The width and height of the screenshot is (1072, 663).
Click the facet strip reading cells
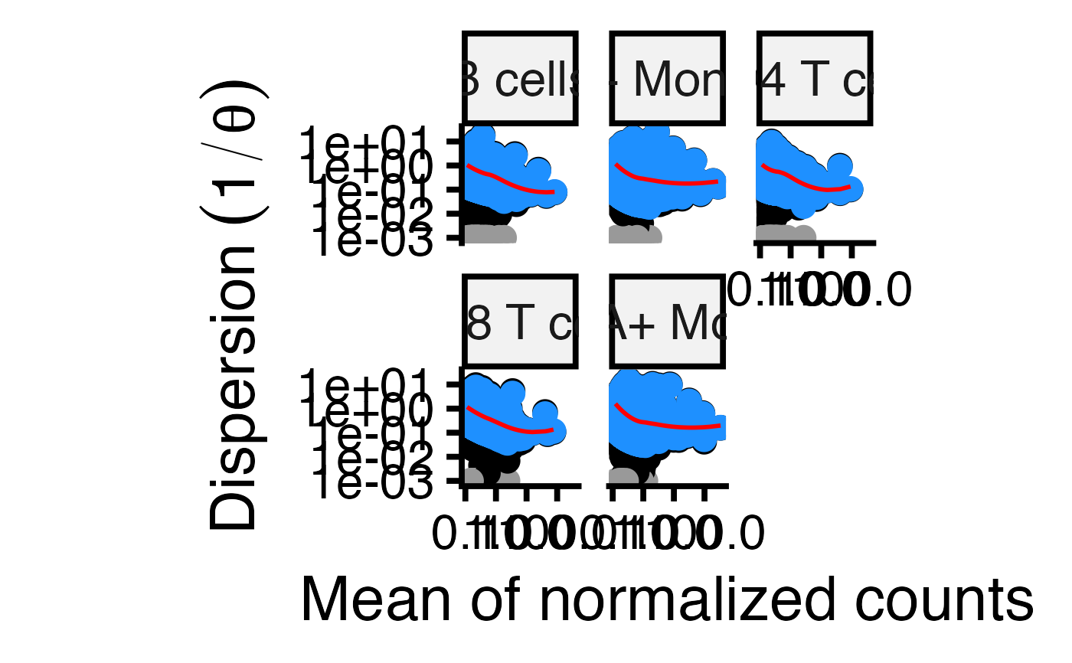tap(520, 78)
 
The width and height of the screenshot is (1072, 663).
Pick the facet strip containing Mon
tap(667, 78)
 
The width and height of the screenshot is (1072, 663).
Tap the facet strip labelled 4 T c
tap(815, 78)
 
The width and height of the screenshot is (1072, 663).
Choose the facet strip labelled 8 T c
tap(520, 322)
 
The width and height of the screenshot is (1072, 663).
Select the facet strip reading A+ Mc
tap(667, 322)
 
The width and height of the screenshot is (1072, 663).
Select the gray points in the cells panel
tap(490, 235)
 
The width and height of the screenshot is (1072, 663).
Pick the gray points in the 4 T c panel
tap(785, 234)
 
